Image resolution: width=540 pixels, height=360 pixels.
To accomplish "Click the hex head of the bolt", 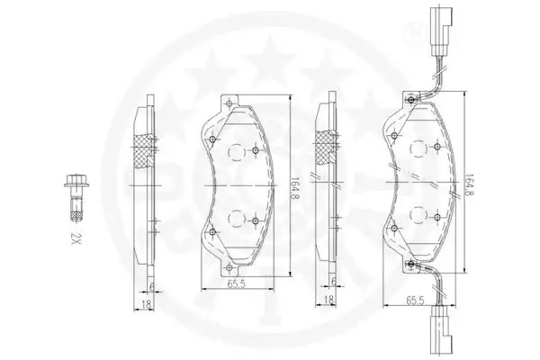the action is (x=76, y=180).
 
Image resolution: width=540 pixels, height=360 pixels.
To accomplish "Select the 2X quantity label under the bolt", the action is (x=76, y=238).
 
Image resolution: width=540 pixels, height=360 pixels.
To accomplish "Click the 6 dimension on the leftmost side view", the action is (x=151, y=286).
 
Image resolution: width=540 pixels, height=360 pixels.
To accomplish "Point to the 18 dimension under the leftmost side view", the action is (x=147, y=304).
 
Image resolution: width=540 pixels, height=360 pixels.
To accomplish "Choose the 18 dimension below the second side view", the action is (x=328, y=300).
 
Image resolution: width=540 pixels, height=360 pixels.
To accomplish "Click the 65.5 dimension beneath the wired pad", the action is (x=415, y=301).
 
